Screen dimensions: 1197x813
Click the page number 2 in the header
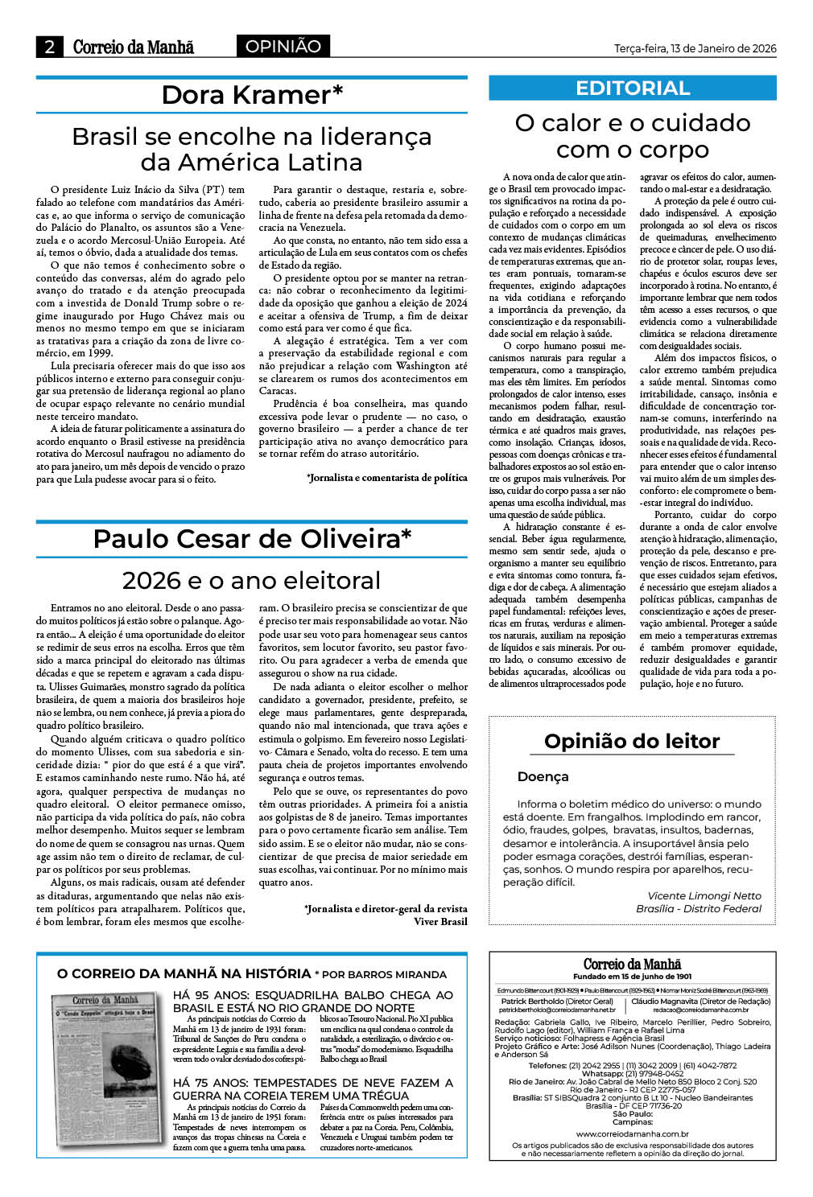(x=50, y=47)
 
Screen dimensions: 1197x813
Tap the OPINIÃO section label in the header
(x=283, y=47)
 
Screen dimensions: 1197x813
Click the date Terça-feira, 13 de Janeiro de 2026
(x=695, y=48)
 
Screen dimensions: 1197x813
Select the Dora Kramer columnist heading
(x=252, y=95)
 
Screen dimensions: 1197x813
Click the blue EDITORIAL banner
(x=633, y=88)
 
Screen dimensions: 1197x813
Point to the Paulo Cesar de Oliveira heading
(x=252, y=538)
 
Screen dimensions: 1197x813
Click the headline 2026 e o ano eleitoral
(x=252, y=580)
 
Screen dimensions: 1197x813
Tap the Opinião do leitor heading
(x=632, y=741)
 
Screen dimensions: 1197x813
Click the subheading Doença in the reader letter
(x=543, y=777)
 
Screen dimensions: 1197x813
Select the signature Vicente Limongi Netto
(x=704, y=895)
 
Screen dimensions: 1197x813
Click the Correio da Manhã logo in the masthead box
(x=632, y=964)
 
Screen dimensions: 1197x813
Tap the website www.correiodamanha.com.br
(x=632, y=1134)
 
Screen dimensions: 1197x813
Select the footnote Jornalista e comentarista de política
(x=387, y=477)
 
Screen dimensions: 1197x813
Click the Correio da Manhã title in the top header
(x=134, y=47)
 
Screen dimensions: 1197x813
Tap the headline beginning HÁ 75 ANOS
(x=313, y=1089)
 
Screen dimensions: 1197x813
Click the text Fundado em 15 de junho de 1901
(x=632, y=977)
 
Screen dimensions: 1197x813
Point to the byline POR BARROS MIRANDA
(x=381, y=974)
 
